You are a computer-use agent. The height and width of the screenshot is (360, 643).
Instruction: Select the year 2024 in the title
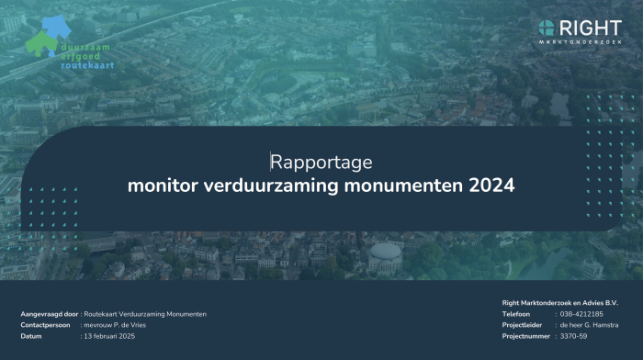[491, 186]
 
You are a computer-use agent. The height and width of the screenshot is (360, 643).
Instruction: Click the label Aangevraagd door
[49, 314]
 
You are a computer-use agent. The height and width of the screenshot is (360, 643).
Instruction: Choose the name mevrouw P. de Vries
[115, 325]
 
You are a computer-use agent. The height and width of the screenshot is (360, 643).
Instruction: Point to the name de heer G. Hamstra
[592, 325]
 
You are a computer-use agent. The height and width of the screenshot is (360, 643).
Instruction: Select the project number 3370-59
[575, 336]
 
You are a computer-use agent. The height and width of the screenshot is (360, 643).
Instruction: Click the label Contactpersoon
[45, 325]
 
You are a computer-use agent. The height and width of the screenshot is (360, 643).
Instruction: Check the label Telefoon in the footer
[516, 314]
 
